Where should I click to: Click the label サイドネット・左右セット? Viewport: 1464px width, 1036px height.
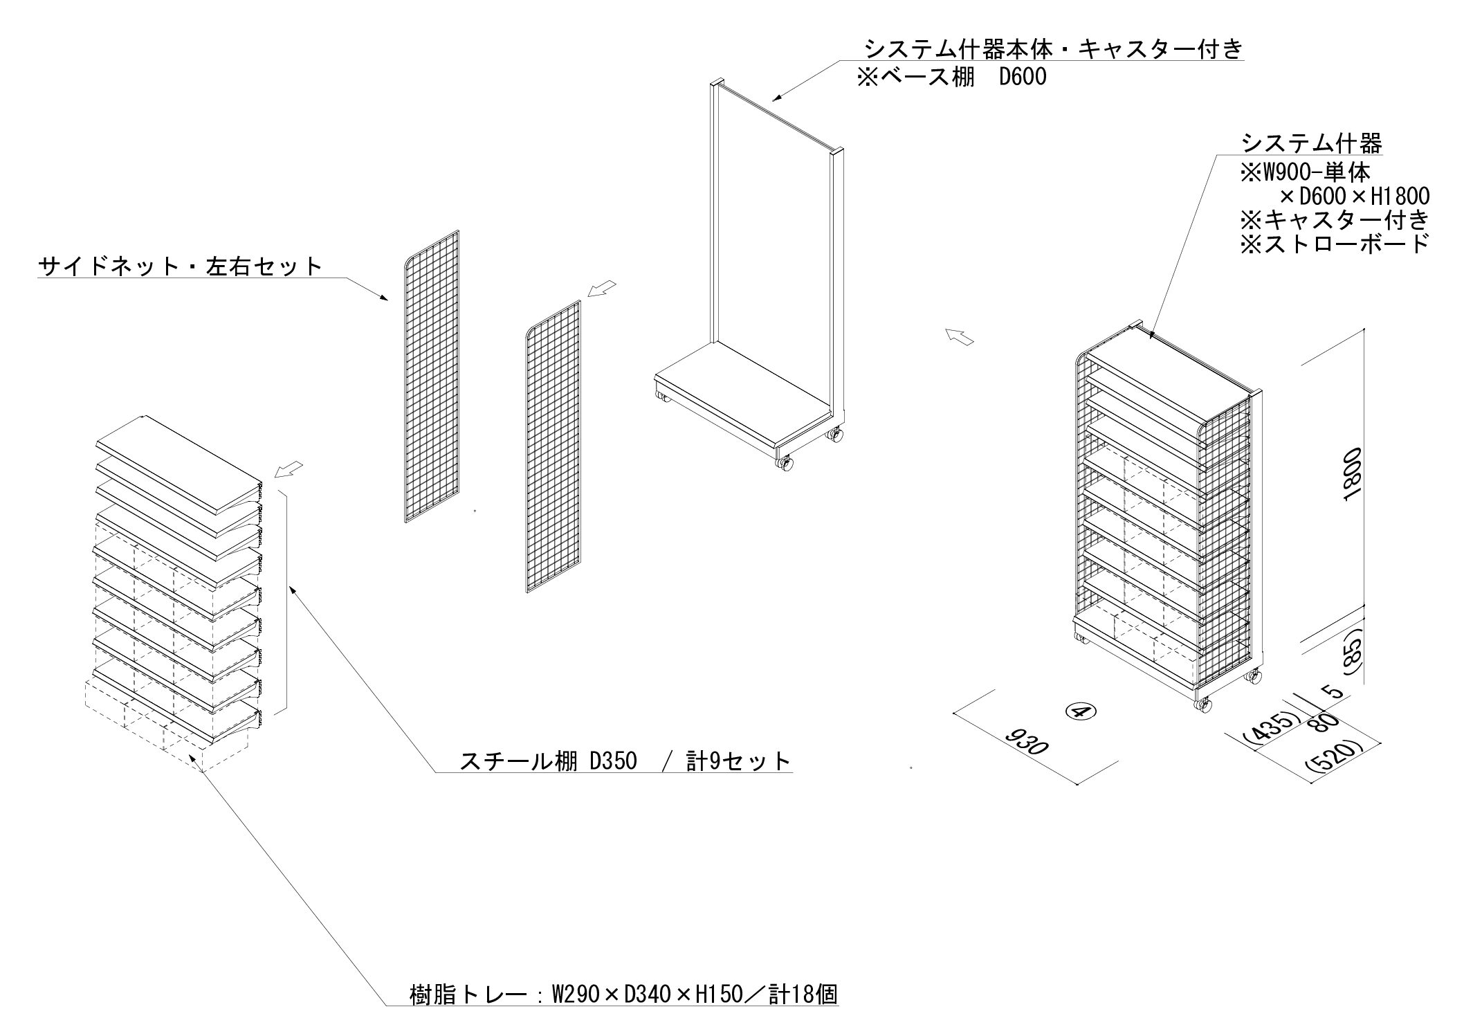point(180,266)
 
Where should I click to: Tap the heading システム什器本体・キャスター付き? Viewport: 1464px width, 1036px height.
point(1054,49)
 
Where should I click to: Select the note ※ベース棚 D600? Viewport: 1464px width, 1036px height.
point(951,77)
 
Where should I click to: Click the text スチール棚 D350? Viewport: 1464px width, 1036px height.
point(547,761)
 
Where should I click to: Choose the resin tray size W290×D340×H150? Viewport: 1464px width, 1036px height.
point(648,995)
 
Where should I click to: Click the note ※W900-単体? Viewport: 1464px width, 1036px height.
point(1305,171)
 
